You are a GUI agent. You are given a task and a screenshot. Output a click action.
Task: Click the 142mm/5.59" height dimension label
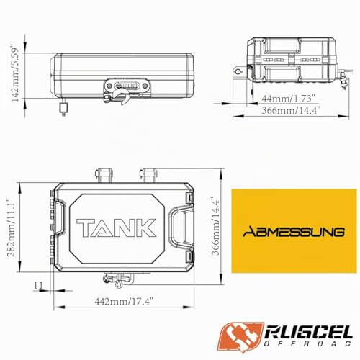[x=14, y=75]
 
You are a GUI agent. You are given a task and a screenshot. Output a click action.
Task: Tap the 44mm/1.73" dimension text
[x=288, y=99]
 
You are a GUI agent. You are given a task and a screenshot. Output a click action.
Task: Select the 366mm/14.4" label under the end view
[x=291, y=110]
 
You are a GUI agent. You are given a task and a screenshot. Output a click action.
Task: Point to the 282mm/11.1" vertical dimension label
[x=11, y=228]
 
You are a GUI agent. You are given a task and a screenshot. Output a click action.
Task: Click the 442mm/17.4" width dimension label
[x=124, y=301]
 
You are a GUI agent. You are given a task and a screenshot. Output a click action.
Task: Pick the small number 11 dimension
[x=38, y=286]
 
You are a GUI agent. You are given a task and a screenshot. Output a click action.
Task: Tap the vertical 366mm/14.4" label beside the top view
[x=215, y=226]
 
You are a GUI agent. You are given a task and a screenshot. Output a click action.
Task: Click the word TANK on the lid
[x=116, y=228]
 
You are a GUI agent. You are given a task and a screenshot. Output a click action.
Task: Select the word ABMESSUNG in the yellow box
[x=294, y=232]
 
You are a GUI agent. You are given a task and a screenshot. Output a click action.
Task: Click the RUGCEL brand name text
[x=309, y=333]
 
